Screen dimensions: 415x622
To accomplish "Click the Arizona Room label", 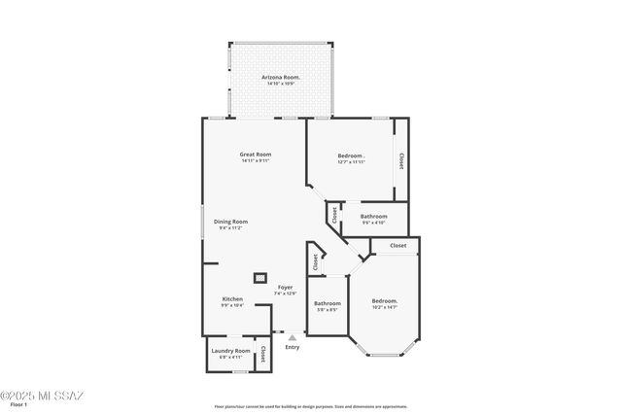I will click(x=281, y=77).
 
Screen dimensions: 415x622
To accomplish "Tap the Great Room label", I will click(x=256, y=155).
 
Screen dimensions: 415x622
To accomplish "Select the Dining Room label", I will click(x=232, y=222).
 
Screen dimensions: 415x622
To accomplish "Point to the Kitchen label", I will click(x=232, y=298).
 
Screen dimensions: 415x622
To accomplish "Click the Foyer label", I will click(x=285, y=288).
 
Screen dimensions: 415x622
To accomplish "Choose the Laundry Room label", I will click(x=230, y=351).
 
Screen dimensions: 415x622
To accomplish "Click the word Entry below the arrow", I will click(x=293, y=347).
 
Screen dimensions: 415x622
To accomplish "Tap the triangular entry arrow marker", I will click(x=292, y=336).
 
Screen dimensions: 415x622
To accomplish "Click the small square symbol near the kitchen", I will click(x=260, y=278).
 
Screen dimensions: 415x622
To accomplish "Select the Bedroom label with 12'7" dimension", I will click(x=351, y=156).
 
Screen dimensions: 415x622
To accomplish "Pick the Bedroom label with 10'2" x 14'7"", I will click(x=385, y=301).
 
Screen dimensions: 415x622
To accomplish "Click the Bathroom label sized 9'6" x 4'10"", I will click(x=374, y=216).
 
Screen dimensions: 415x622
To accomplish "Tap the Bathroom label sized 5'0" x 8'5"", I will click(x=328, y=303).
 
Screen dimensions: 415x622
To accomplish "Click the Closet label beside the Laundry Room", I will click(x=262, y=355).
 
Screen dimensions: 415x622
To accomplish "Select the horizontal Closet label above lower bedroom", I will click(x=398, y=246).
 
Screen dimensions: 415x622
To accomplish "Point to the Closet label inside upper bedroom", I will click(x=399, y=159).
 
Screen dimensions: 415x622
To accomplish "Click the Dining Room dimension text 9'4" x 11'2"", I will click(x=232, y=227).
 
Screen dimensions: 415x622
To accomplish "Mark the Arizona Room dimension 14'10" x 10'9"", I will click(x=281, y=83).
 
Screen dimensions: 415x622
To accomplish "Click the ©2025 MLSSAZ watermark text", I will click(x=43, y=396).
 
